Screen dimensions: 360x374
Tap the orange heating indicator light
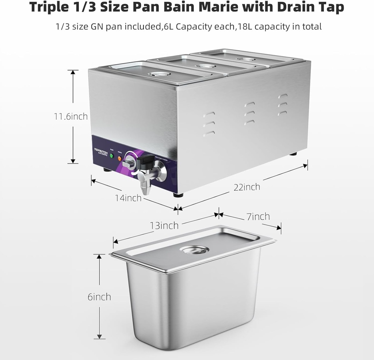[x=119, y=158]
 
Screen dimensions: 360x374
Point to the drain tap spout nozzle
[x=146, y=189]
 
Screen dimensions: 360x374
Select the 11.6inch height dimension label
[x=71, y=116]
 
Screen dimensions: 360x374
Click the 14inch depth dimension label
[x=128, y=198]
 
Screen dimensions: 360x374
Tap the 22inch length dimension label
[x=247, y=187]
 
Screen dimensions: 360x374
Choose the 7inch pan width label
[x=258, y=217]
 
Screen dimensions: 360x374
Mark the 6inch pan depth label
[x=99, y=297]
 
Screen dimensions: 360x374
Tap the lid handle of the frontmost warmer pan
[x=156, y=74]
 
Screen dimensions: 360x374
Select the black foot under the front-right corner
[x=178, y=195]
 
